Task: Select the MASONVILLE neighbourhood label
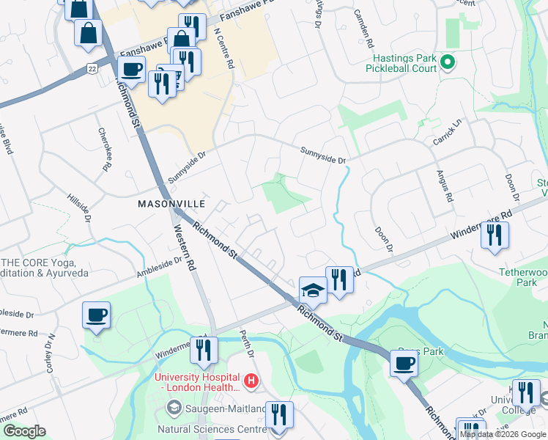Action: pos(166,205)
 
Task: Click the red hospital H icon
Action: pos(251,381)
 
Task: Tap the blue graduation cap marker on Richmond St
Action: pos(313,290)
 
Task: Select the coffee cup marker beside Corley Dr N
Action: pos(96,315)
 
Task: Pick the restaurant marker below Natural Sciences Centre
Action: pos(278,414)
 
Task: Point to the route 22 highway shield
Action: pos(92,68)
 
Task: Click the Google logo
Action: pos(24,431)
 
